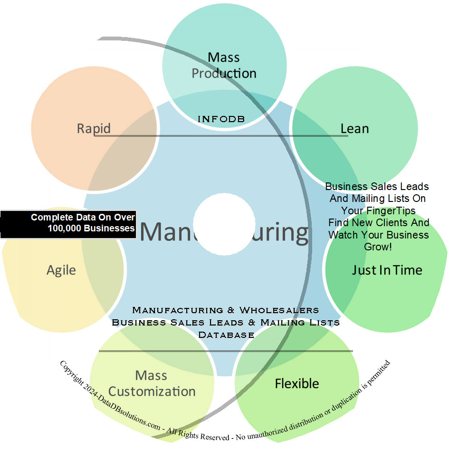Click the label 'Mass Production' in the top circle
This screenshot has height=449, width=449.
(224, 66)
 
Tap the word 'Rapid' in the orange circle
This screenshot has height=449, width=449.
(94, 128)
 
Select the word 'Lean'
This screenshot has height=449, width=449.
(354, 128)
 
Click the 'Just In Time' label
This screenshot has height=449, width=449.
(387, 270)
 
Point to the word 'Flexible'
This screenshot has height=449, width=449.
(297, 383)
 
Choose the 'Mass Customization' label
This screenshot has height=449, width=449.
(152, 383)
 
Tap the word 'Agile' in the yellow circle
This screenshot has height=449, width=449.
(61, 270)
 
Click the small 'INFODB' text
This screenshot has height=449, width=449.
(221, 119)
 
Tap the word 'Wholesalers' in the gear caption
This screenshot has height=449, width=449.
(279, 310)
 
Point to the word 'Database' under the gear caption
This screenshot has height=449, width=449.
(226, 335)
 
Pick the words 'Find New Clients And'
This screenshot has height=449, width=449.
(378, 222)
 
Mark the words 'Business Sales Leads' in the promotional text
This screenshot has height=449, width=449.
(377, 186)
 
